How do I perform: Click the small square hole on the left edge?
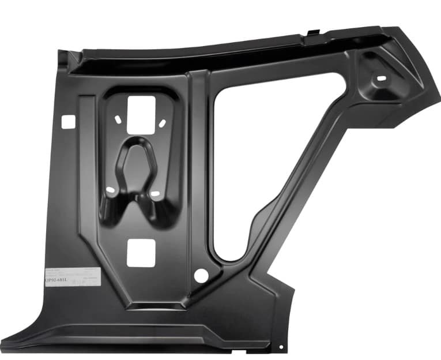click(x=67, y=121)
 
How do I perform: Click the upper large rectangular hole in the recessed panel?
click(x=141, y=113)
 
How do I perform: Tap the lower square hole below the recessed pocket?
click(x=141, y=253)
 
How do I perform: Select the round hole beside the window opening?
click(x=201, y=276)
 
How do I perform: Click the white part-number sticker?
click(x=72, y=276)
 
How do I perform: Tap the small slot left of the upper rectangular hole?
click(x=118, y=119)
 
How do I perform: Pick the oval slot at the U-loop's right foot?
click(x=154, y=193)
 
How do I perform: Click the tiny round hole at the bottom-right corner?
click(x=281, y=347)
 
